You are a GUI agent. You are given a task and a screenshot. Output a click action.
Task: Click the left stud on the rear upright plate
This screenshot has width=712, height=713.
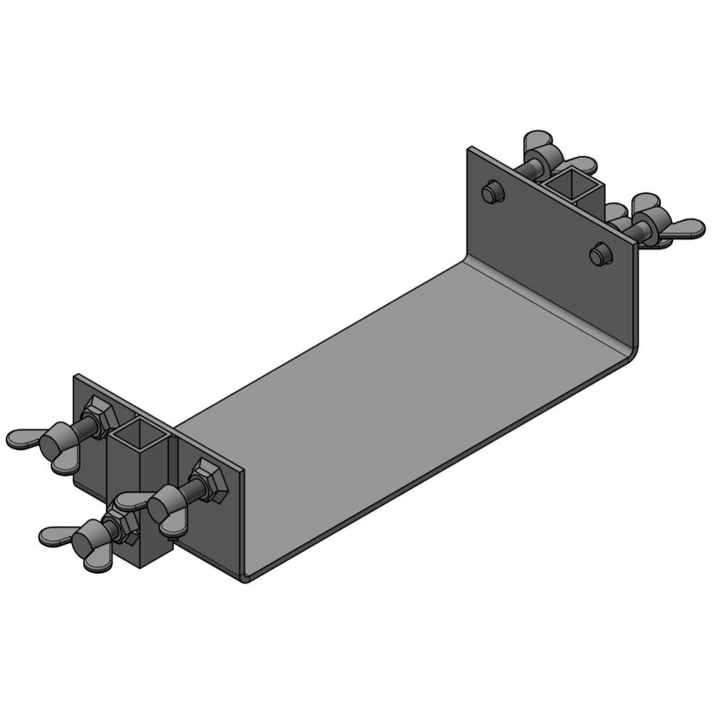[x=492, y=192]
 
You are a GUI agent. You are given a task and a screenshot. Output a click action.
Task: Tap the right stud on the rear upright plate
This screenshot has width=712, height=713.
[x=600, y=253]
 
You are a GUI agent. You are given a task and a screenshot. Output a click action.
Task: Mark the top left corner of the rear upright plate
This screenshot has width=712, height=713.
[x=470, y=150]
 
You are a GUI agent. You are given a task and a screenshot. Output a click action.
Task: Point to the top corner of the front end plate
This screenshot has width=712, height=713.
[x=77, y=376]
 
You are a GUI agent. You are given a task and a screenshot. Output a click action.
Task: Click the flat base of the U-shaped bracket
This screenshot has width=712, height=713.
[x=399, y=399]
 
